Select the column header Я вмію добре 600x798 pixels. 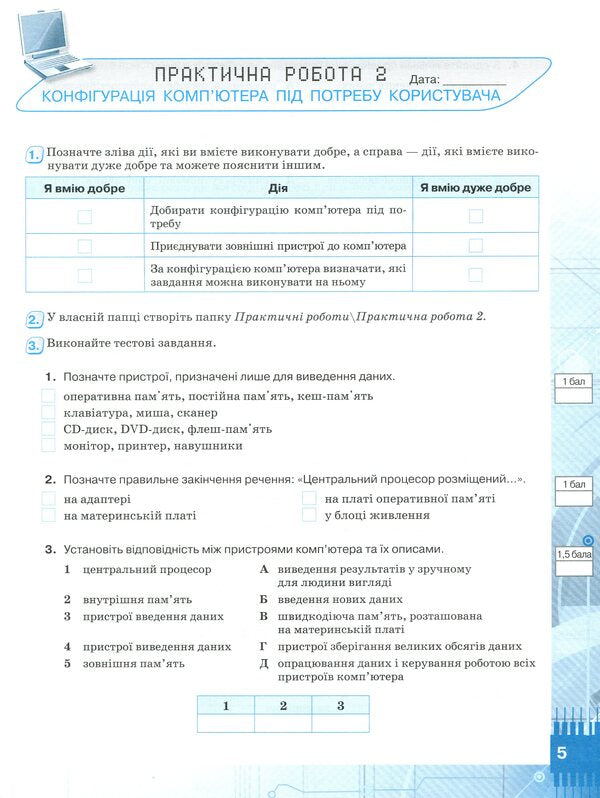[x=84, y=188]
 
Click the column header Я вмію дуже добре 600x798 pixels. [x=475, y=188]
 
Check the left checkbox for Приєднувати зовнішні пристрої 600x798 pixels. [x=84, y=246]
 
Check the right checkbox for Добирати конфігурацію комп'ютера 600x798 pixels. [x=475, y=216]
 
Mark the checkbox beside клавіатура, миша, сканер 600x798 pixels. [x=48, y=412]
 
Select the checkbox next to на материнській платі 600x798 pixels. [x=48, y=515]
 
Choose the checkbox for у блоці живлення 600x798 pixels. [x=309, y=515]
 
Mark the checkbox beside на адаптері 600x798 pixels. [x=48, y=498]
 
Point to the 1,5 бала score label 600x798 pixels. [x=574, y=553]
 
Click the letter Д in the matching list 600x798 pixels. [x=264, y=663]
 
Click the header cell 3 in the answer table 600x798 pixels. [x=340, y=705]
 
